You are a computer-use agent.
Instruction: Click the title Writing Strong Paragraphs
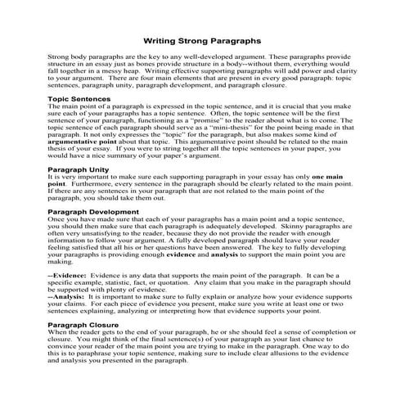203,38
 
